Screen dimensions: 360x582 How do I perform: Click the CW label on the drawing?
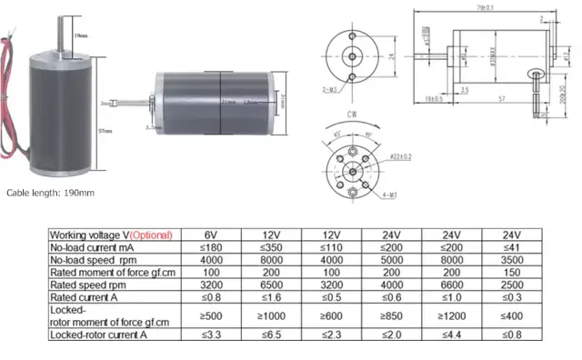point(351,115)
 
